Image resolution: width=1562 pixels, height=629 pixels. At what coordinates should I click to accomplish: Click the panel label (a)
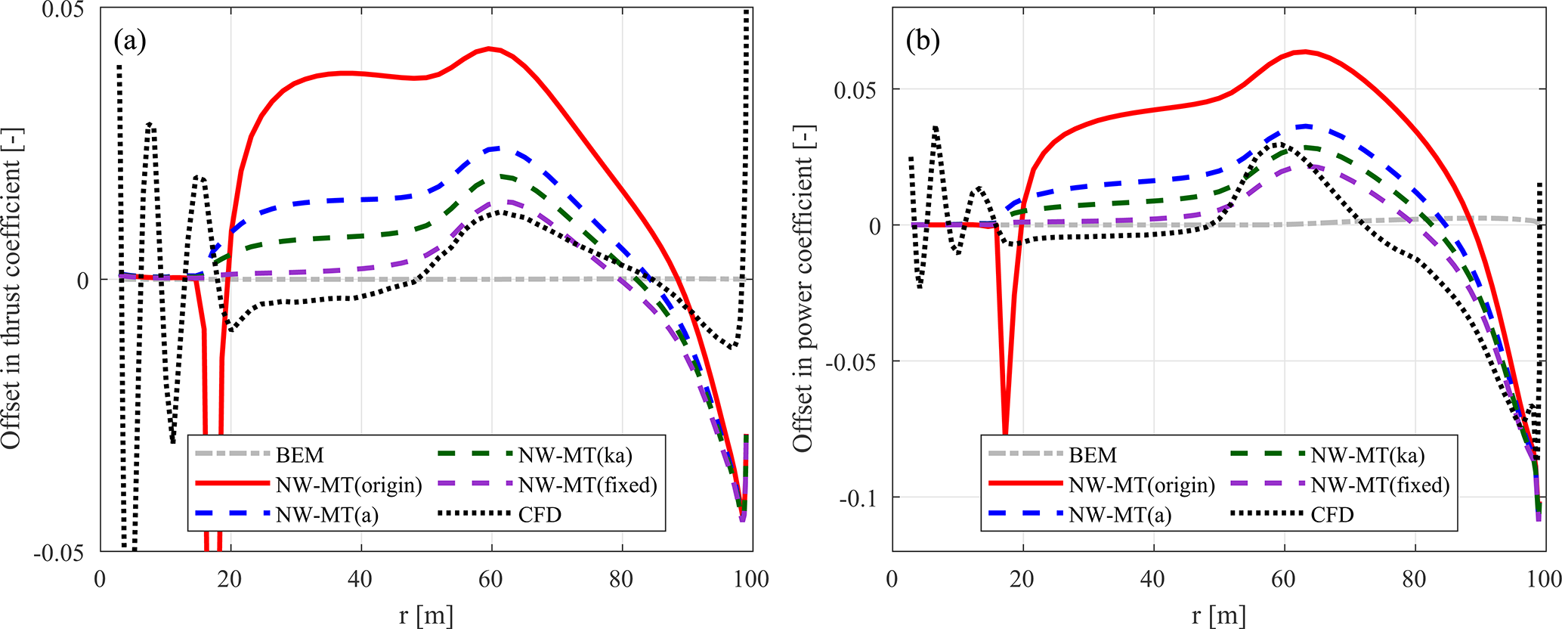129,40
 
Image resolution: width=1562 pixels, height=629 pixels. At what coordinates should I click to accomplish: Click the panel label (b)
923,40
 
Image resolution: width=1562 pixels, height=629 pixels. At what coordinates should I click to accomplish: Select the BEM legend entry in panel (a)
299,455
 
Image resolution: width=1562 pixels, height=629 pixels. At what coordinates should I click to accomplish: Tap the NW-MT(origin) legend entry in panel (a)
348,485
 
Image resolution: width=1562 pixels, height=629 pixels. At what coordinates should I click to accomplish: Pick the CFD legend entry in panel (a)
540,515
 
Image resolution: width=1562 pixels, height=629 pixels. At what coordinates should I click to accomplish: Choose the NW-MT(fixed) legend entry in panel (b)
1380,485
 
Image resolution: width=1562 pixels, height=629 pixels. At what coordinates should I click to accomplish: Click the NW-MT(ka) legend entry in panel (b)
1368,455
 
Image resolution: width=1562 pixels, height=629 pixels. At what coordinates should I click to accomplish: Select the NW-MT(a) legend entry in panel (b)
1120,515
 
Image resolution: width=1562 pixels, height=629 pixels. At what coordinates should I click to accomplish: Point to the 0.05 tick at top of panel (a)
65,10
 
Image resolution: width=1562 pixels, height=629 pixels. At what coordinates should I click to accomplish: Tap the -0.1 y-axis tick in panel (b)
858,497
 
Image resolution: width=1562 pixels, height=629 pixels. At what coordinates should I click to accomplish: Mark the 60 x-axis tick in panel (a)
491,580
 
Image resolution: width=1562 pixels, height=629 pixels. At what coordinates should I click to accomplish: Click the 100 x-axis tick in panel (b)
1543,580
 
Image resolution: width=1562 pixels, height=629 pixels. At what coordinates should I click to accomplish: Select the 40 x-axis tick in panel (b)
1153,580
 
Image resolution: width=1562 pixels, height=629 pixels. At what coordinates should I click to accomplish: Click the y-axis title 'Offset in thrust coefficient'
12,287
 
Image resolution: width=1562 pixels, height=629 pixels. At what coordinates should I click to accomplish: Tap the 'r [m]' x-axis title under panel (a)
426,615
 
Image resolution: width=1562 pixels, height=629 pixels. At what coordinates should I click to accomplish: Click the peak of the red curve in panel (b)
1304,51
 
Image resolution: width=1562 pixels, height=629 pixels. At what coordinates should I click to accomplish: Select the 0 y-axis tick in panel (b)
874,226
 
